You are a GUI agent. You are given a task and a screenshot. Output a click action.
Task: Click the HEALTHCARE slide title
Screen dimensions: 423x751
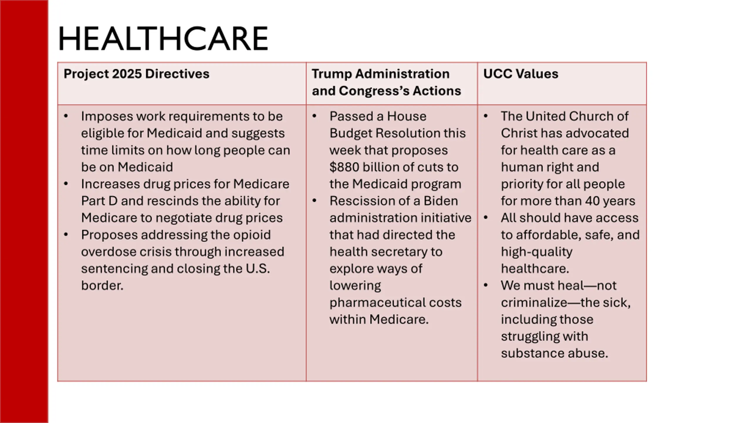[163, 39]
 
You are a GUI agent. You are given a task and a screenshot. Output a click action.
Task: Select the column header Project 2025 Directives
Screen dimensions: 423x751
[136, 74]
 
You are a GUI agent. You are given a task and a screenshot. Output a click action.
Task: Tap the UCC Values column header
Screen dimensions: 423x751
[521, 74]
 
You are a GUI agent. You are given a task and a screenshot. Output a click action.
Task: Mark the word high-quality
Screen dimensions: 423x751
[537, 252]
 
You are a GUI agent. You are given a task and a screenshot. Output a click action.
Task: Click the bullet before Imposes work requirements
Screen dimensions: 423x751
[66, 116]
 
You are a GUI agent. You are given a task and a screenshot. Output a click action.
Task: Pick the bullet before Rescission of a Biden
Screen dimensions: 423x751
[314, 201]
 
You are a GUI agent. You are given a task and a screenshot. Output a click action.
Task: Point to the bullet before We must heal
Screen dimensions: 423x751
[486, 285]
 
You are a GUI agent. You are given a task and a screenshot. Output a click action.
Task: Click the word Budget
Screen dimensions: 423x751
[350, 133]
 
